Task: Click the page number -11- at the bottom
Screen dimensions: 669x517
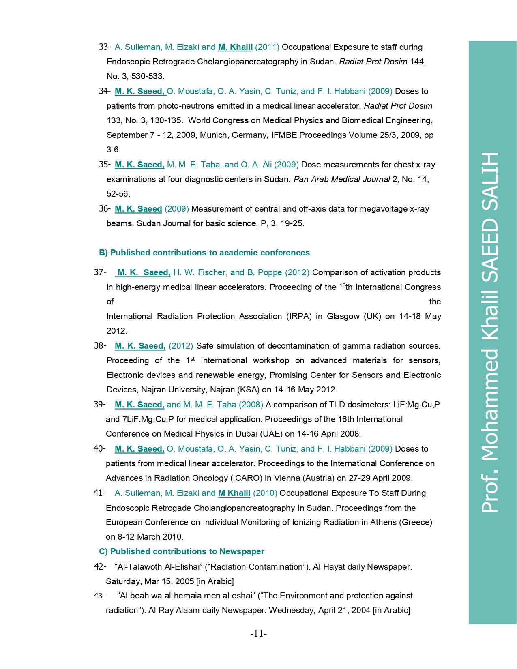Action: pyautogui.click(x=258, y=633)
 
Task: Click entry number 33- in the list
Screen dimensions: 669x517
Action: pyautogui.click(x=105, y=47)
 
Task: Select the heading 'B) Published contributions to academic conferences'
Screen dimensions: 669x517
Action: pyautogui.click(x=204, y=253)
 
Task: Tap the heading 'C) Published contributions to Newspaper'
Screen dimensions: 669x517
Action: pyautogui.click(x=181, y=551)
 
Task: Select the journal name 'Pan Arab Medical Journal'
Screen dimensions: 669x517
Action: pyautogui.click(x=342, y=179)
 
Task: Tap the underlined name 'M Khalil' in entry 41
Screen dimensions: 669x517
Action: pyautogui.click(x=234, y=493)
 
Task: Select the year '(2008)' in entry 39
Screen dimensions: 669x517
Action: pyautogui.click(x=251, y=405)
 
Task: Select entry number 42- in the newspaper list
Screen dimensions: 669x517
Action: pyautogui.click(x=100, y=567)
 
